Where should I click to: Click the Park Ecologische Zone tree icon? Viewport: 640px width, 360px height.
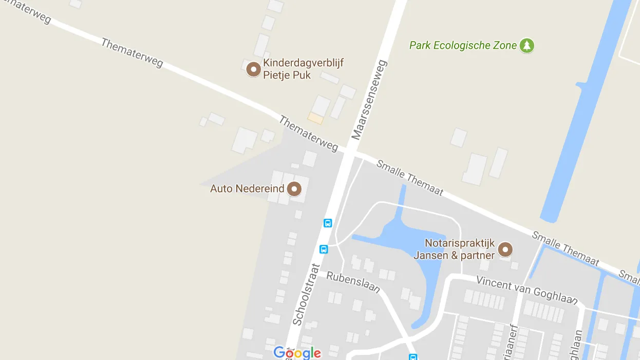526,46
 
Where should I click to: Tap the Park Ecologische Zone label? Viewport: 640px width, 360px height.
463,46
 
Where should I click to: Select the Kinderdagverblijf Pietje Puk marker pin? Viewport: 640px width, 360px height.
253,69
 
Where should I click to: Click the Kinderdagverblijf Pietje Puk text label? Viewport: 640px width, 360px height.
303,69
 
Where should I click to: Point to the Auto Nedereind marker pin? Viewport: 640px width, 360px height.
294,189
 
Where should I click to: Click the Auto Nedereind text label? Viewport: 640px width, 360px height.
247,189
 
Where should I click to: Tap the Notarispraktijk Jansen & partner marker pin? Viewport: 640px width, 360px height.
506,250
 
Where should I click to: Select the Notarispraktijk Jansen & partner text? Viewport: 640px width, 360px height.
459,249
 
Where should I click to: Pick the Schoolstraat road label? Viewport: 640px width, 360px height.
306,295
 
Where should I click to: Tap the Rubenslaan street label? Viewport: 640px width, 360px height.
353,282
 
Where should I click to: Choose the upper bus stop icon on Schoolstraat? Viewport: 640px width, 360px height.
328,223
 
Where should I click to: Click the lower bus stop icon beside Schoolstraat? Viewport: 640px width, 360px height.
324,249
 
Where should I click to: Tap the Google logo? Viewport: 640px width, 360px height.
297,353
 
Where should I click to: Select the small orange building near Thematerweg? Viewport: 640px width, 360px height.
315,119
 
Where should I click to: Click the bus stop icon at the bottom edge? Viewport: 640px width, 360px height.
412,357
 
